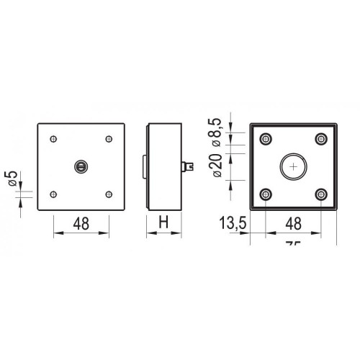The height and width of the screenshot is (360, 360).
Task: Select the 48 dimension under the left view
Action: point(81,224)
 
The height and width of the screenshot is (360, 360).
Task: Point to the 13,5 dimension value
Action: point(231,224)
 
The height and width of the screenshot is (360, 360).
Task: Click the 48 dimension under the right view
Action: point(293,224)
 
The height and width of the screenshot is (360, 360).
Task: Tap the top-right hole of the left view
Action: point(109,139)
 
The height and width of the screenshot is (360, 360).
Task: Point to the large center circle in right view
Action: point(293,167)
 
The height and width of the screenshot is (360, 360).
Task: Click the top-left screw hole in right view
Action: point(266,139)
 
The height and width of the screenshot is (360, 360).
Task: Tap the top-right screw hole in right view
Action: point(321,139)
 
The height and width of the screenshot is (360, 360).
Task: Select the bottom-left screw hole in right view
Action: point(266,195)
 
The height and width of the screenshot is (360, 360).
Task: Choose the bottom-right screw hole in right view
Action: point(321,195)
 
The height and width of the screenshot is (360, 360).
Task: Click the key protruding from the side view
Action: point(191,166)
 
